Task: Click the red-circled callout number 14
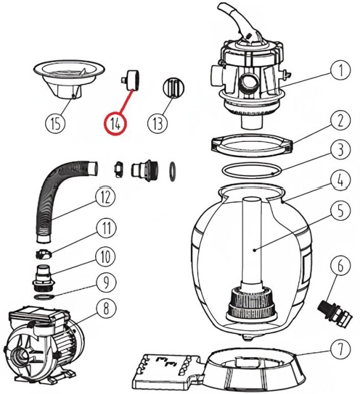click(115, 123)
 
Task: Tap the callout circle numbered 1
click(340, 70)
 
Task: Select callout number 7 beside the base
click(340, 349)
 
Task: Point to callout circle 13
click(158, 123)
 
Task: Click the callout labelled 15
click(55, 123)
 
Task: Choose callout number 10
click(106, 257)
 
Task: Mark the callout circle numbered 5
click(340, 210)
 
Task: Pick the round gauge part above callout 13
click(174, 87)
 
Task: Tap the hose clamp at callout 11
click(43, 254)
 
